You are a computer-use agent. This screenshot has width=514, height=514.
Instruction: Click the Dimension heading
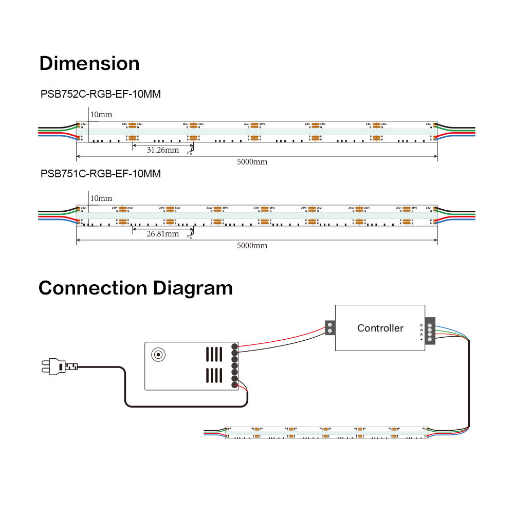pyautogui.click(x=89, y=63)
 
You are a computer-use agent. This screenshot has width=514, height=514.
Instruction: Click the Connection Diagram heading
pyautogui.click(x=135, y=288)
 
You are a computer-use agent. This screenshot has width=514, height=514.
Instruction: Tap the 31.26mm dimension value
pyautogui.click(x=162, y=150)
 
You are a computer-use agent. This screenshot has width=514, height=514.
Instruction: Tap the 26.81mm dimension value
pyautogui.click(x=162, y=234)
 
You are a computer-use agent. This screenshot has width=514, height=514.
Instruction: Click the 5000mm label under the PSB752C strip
pyautogui.click(x=252, y=162)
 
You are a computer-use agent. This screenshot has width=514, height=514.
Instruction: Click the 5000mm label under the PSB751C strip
pyautogui.click(x=252, y=246)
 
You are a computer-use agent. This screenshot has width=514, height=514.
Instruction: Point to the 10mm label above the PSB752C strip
pyautogui.click(x=101, y=115)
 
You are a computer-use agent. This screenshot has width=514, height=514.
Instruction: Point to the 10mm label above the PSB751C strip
pyautogui.click(x=101, y=198)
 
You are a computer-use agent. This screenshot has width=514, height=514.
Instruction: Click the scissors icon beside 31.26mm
pyautogui.click(x=190, y=151)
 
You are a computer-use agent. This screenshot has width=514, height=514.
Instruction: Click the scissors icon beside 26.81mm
pyautogui.click(x=190, y=235)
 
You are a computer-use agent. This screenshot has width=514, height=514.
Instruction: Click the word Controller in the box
pyautogui.click(x=380, y=328)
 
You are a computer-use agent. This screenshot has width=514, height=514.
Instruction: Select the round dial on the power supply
pyautogui.click(x=157, y=354)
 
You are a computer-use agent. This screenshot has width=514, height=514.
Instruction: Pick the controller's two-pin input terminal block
pyautogui.click(x=329, y=328)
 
